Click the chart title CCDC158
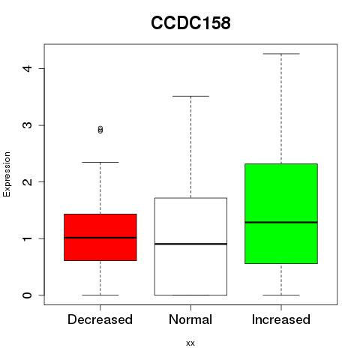coord(190,22)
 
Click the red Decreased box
coord(100,237)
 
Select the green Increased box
coord(281,214)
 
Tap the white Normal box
coord(190,247)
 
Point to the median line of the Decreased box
coord(100,238)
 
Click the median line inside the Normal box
coord(190,244)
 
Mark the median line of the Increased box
coord(281,222)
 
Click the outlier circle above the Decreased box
coord(100,130)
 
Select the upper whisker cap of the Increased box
coord(281,54)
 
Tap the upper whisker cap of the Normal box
coord(190,96)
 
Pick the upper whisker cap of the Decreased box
coord(100,162)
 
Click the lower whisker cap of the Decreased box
coord(100,295)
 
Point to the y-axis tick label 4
coord(27,68)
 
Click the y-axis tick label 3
coord(27,125)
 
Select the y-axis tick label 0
coord(27,295)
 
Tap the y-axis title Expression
coord(7,174)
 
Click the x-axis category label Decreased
coord(100,319)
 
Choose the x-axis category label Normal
coord(190,319)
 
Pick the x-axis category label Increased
coord(281,319)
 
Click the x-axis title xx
coord(190,343)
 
